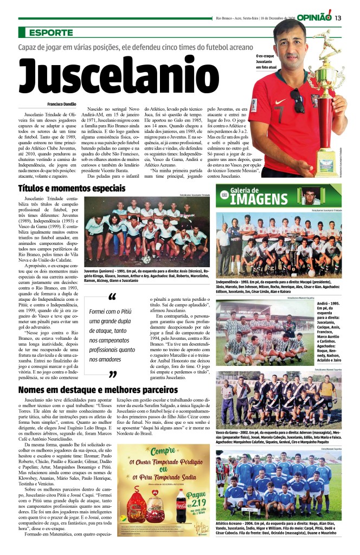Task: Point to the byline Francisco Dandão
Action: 61,104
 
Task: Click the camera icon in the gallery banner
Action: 224,194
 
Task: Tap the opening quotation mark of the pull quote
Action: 112,298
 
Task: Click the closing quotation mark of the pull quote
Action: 113,374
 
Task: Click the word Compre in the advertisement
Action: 163,451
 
